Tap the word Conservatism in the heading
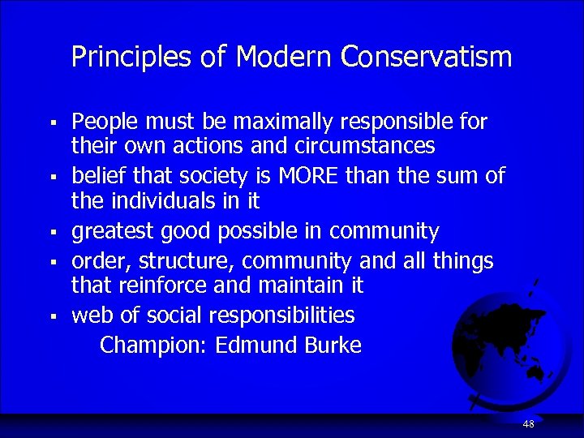[x=427, y=57]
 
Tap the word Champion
[x=154, y=346]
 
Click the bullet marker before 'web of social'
[x=51, y=316]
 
